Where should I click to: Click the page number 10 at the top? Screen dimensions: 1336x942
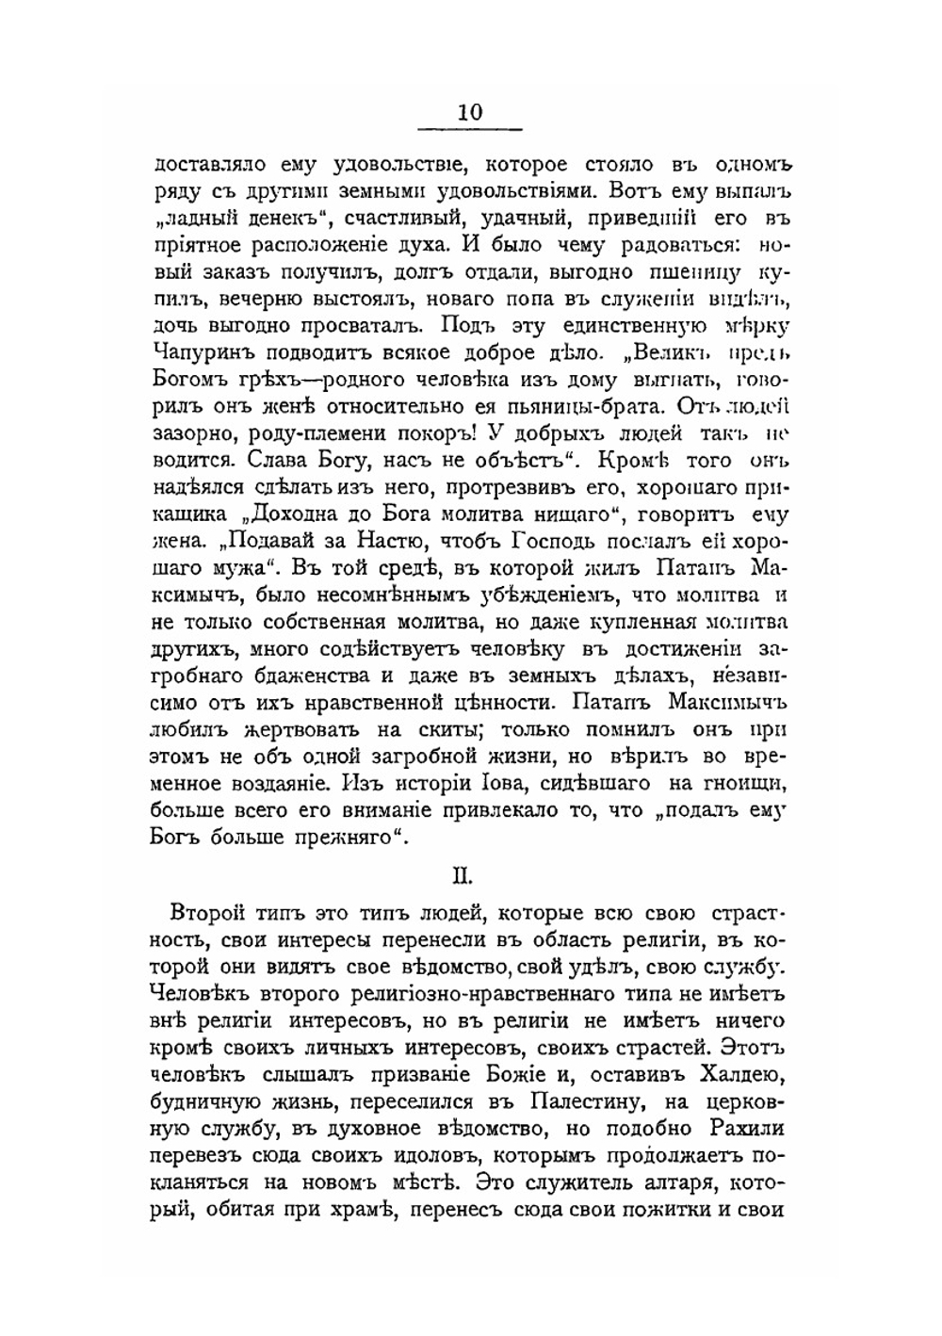pyautogui.click(x=470, y=111)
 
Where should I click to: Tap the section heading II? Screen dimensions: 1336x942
pyautogui.click(x=463, y=875)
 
